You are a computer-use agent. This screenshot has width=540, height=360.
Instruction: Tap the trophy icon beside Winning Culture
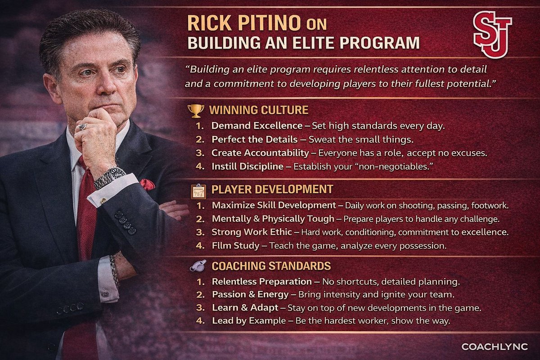tap(196, 110)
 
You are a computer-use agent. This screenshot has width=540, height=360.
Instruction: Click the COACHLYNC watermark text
tap(495, 346)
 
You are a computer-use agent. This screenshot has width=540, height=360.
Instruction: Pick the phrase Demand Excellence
tap(257, 126)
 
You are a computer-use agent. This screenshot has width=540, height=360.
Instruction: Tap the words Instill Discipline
tap(248, 166)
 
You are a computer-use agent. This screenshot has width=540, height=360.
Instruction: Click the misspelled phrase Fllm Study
tap(235, 246)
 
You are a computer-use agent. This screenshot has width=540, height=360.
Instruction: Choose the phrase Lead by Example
tap(249, 321)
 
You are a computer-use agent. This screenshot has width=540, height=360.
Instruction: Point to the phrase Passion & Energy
tap(250, 295)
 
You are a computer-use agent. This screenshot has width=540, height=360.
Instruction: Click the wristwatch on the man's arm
tap(109, 177)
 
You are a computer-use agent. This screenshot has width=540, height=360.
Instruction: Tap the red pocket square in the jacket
tap(147, 184)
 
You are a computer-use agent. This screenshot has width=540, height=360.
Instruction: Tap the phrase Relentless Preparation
tap(262, 282)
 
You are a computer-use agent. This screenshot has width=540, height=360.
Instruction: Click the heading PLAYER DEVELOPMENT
tap(272, 189)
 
